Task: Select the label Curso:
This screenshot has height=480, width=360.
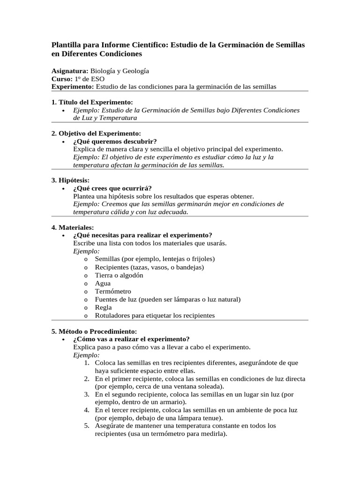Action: coord(62,79)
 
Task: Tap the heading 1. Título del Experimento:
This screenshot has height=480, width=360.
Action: coord(92,102)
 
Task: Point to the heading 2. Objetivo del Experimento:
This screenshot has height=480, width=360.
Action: coord(96,134)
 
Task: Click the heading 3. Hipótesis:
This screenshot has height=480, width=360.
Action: coord(70,180)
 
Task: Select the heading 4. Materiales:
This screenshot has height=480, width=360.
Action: coord(73,227)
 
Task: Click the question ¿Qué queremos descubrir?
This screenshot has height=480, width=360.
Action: coord(115,141)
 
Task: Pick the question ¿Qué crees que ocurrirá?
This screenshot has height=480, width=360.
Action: coord(112,188)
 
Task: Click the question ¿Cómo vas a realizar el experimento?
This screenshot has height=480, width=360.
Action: coord(131,339)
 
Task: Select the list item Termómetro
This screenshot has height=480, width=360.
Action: coord(113,291)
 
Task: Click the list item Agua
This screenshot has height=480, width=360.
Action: coord(103,283)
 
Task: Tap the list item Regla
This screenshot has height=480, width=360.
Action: coord(103,307)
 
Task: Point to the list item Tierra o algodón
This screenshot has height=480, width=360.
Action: coord(119,275)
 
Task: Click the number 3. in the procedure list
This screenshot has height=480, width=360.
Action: coord(87,394)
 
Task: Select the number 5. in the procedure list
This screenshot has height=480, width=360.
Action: coord(87,426)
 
